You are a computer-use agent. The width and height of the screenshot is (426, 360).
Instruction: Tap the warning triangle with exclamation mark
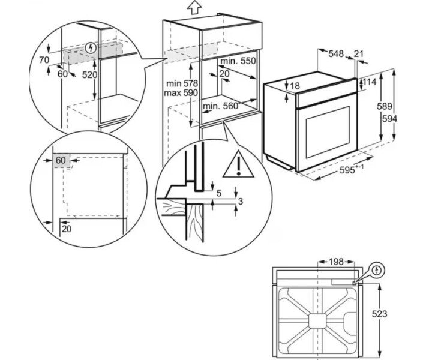pyautogui.click(x=238, y=165)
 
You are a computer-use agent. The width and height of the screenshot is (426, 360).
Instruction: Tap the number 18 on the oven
pyautogui.click(x=295, y=86)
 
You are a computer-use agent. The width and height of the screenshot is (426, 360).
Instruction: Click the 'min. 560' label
pyautogui.click(x=220, y=106)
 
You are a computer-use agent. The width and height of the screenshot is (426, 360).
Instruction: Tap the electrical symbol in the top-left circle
pyautogui.click(x=91, y=47)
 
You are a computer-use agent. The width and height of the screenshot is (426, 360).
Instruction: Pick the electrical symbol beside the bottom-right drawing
pyautogui.click(x=376, y=271)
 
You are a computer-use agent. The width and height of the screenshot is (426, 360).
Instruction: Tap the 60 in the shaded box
pyautogui.click(x=61, y=160)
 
